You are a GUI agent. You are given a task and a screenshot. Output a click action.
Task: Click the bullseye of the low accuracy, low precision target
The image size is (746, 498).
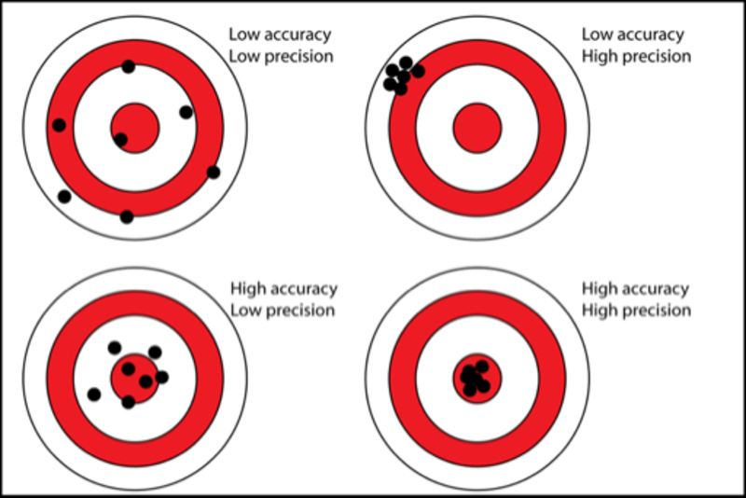[x=135, y=128]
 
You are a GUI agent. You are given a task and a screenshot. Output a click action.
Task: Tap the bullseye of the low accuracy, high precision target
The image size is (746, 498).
[x=477, y=128]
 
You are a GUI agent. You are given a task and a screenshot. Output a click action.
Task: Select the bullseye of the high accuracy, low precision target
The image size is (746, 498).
[x=135, y=379]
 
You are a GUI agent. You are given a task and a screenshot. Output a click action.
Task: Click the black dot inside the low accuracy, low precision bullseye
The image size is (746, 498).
[x=121, y=140]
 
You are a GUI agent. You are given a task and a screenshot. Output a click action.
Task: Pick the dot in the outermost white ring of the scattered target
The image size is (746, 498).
[x=64, y=197]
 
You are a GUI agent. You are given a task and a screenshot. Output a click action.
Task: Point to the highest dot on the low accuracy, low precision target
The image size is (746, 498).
[x=128, y=66]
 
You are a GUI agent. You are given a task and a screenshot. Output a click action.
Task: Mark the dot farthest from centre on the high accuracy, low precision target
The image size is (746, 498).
[x=94, y=394]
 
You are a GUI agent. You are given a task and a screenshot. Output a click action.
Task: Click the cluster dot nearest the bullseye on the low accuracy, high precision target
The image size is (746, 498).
[x=418, y=72]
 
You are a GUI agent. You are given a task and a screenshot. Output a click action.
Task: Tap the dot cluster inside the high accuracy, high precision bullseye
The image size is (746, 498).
[x=476, y=378]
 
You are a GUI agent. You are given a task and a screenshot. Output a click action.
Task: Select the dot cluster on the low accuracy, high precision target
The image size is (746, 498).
[x=404, y=76]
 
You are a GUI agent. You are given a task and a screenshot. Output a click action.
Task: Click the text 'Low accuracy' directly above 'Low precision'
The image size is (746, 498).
[x=281, y=35]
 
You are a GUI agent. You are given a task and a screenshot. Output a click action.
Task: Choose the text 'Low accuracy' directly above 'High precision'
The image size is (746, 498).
[x=633, y=35]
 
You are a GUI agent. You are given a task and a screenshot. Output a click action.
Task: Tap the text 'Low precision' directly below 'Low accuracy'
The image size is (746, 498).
[x=282, y=57]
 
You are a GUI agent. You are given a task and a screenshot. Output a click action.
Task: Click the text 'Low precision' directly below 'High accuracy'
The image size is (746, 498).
[x=283, y=311]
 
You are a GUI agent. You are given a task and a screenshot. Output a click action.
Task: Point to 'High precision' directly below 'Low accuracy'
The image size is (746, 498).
[x=637, y=57]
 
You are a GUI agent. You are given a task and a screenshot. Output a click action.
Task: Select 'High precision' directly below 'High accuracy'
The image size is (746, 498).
[x=637, y=311]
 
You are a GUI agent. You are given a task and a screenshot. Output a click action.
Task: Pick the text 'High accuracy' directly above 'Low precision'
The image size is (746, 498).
[x=284, y=289]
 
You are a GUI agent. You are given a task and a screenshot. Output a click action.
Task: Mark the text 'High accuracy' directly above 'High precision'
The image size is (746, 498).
[x=636, y=289]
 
